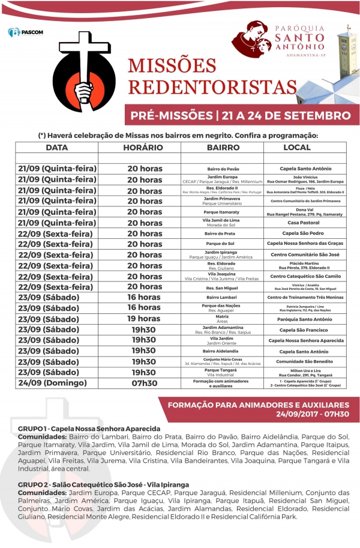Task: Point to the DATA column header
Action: (x=56, y=148)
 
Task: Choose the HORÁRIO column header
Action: (x=143, y=148)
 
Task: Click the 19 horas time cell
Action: (x=144, y=319)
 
